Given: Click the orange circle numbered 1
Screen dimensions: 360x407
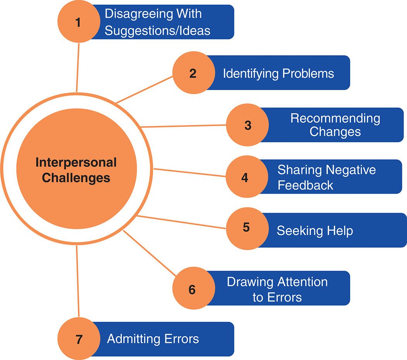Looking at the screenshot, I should point(78,22).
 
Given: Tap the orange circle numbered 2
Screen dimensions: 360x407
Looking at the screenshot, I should point(193,73).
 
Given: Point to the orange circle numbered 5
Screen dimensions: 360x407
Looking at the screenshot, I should point(247,227).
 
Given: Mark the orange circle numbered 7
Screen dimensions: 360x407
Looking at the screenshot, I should point(79,339).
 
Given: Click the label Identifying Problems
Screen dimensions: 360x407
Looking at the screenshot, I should point(278,73).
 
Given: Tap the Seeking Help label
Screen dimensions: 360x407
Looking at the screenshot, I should point(315,231).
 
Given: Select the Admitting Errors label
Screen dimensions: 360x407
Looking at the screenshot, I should point(153,339).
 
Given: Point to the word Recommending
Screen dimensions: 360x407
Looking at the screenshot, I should point(335,118).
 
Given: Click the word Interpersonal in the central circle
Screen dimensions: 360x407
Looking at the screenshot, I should point(76,163).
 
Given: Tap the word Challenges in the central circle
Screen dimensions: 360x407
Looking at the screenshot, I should point(76,178).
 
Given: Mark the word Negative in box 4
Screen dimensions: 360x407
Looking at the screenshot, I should point(351,170).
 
